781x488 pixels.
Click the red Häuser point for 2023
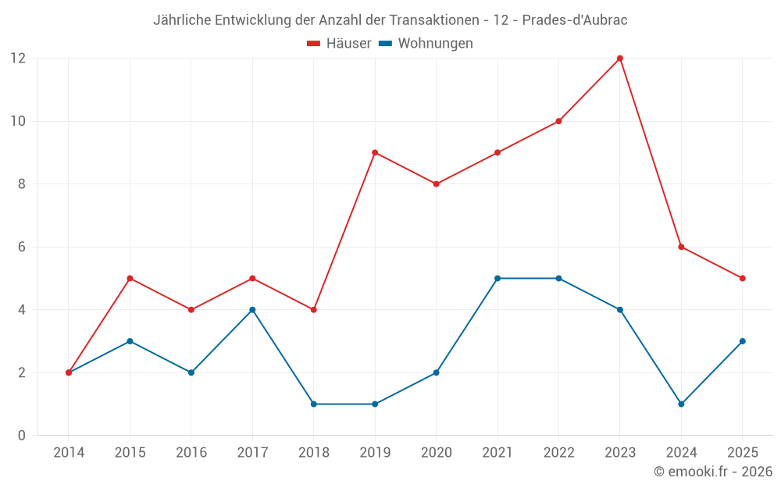(x=620, y=59)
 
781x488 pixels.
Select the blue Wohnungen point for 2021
(x=497, y=279)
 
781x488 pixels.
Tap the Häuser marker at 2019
(x=375, y=153)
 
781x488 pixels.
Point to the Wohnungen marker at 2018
(x=314, y=404)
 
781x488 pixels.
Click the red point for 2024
(x=681, y=247)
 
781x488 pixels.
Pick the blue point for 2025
(x=743, y=341)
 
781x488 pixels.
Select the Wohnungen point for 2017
(x=252, y=310)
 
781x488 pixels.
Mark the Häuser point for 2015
(x=130, y=279)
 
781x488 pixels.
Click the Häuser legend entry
(x=339, y=44)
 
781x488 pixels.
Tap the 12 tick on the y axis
(x=17, y=59)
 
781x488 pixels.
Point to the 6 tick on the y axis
(x=21, y=247)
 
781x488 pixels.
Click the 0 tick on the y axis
(x=21, y=436)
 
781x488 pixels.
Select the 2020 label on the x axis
(x=437, y=453)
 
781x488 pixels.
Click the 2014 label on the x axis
(x=69, y=453)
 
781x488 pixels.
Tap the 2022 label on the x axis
(x=559, y=453)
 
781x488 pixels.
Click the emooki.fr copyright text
(x=713, y=472)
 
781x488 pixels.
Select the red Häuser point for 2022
(x=559, y=122)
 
